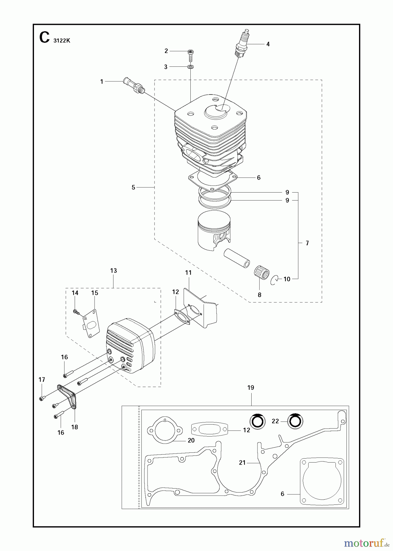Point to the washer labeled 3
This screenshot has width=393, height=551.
[x=190, y=66]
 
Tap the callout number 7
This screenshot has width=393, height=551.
[x=307, y=243]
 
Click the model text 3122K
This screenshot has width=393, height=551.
[x=62, y=41]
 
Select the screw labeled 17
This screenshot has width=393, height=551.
[x=42, y=398]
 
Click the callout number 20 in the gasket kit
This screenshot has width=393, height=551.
[x=191, y=440]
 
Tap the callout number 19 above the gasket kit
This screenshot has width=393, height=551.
[x=251, y=388]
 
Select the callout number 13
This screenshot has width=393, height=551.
[x=113, y=271]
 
